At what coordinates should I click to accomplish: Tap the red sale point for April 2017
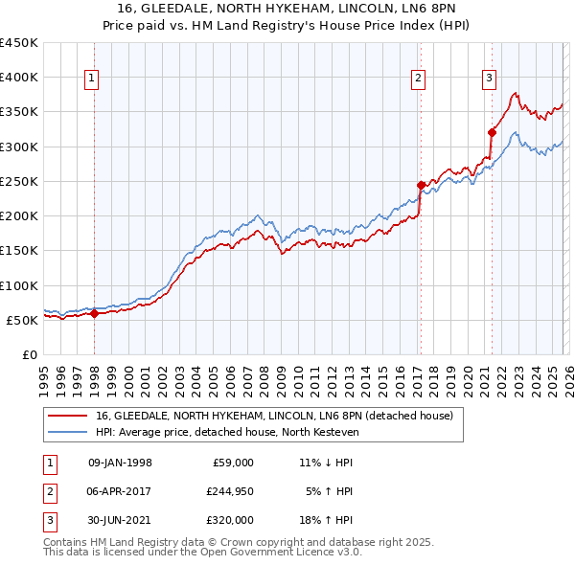tap(421, 185)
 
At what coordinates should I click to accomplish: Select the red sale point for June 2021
tap(492, 132)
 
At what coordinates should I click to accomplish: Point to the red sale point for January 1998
tap(95, 313)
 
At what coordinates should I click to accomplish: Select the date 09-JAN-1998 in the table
tap(120, 463)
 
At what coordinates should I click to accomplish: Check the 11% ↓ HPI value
tap(326, 463)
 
